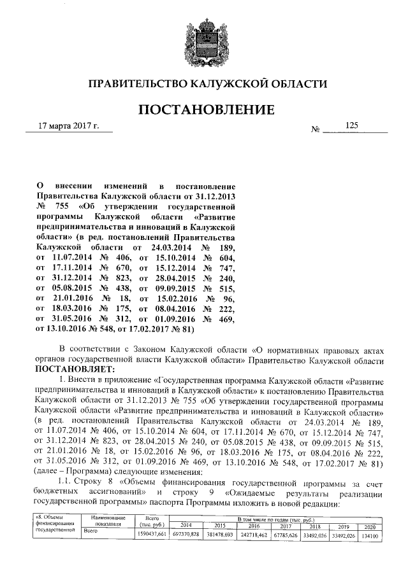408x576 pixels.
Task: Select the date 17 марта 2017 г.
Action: [69, 126]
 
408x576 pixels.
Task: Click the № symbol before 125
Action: [315, 129]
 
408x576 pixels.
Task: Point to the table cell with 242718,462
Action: [253, 535]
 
